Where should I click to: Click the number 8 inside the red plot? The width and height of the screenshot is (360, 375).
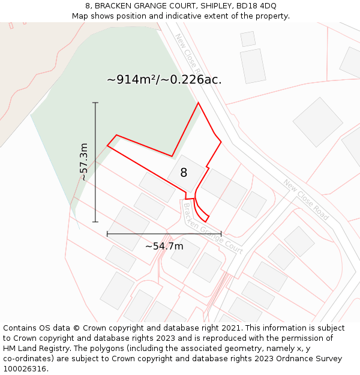click(x=184, y=173)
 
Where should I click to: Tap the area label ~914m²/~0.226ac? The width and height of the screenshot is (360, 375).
click(x=164, y=79)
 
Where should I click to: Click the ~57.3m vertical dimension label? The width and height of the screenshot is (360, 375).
click(x=84, y=161)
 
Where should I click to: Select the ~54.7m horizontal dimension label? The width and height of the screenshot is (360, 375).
click(x=164, y=246)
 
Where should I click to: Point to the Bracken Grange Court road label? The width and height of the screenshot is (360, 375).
click(x=212, y=229)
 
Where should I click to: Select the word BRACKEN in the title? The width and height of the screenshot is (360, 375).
click(x=113, y=6)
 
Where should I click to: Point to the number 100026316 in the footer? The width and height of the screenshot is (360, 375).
click(x=25, y=368)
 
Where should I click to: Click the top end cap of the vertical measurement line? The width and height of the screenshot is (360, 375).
click(x=95, y=103)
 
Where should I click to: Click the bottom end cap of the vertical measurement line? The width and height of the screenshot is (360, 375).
click(x=95, y=222)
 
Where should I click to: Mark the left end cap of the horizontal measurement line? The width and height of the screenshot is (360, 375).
click(x=107, y=233)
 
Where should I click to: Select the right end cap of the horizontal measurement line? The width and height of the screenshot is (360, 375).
click(x=221, y=233)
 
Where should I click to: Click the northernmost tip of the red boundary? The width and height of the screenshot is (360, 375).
click(x=198, y=103)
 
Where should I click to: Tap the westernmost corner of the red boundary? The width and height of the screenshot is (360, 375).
click(x=107, y=145)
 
